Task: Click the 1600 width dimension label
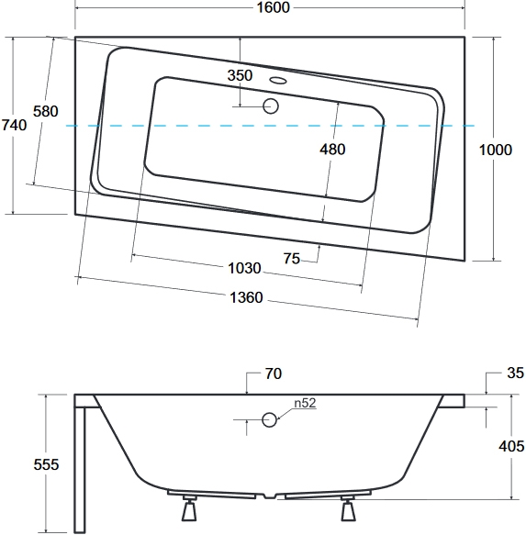[x=273, y=7]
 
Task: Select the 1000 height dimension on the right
[x=496, y=150]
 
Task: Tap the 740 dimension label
[x=14, y=125]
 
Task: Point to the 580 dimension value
[x=45, y=112]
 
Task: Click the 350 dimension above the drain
[x=240, y=75]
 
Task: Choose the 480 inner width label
[x=332, y=150]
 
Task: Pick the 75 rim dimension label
[x=292, y=259]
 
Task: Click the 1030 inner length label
[x=244, y=269]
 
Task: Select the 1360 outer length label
[x=246, y=298]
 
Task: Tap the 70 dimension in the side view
[x=273, y=374]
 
